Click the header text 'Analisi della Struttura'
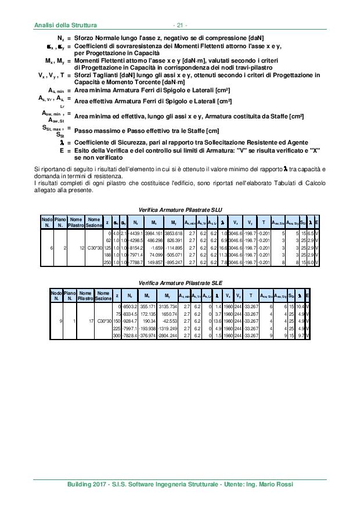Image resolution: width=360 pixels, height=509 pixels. tap(63, 25)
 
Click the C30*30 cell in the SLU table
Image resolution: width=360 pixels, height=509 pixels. tap(93, 247)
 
